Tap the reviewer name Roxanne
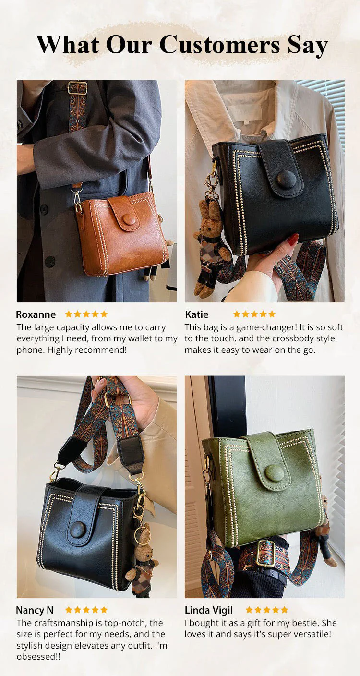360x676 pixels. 36,314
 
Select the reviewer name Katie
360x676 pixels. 197,314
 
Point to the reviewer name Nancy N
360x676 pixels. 35,610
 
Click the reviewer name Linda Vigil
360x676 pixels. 209,610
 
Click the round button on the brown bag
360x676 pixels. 129,219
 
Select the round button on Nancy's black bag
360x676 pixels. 78,530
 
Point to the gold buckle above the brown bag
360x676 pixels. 77,88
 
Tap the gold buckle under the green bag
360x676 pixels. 265,554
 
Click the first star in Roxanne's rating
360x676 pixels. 69,314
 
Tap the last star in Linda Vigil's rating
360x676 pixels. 284,610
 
